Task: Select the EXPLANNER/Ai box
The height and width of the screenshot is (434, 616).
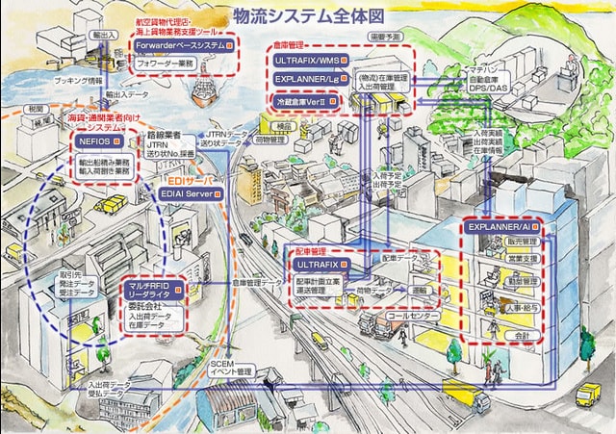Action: (x=500, y=225)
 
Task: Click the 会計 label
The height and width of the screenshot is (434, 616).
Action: (x=522, y=335)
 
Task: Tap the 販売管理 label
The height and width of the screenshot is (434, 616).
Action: (x=522, y=241)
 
